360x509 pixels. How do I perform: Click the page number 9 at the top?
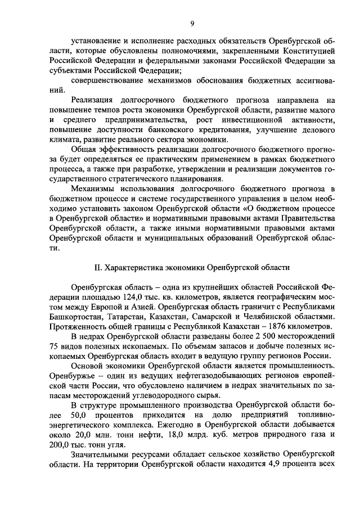[192, 22]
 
